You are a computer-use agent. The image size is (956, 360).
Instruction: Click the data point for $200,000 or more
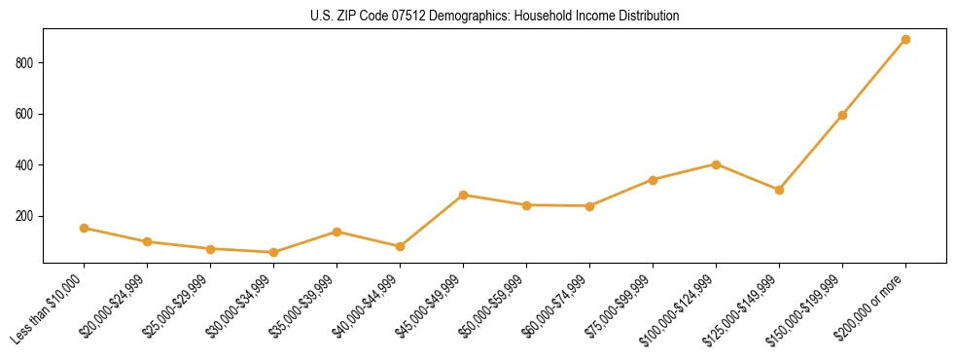[905, 40]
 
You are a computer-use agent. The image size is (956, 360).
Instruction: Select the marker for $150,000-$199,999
[842, 115]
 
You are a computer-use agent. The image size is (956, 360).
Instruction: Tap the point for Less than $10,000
[84, 228]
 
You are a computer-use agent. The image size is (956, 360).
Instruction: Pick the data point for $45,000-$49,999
[463, 195]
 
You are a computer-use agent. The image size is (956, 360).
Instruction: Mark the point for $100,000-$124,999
[716, 164]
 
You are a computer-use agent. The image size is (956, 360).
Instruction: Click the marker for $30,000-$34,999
[273, 252]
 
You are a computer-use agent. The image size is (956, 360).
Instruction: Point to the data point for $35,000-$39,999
[336, 232]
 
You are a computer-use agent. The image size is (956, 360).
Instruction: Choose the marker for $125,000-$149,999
[779, 190]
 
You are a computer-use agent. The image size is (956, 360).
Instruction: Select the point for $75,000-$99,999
[653, 180]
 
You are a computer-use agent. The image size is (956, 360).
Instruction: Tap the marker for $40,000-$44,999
[400, 246]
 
